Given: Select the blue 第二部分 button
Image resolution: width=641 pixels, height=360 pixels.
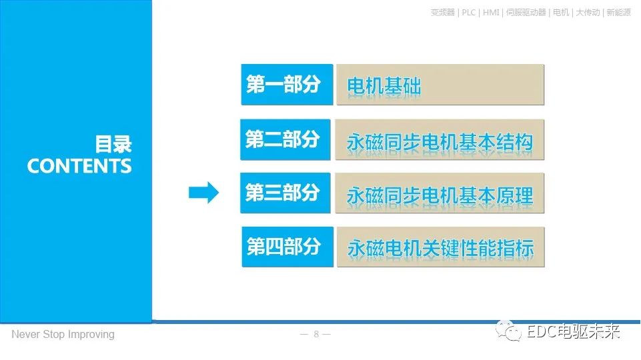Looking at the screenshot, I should [x=285, y=139].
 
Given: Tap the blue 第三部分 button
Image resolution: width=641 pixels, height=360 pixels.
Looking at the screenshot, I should [x=285, y=193].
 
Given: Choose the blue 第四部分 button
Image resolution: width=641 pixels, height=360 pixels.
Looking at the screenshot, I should [x=287, y=247].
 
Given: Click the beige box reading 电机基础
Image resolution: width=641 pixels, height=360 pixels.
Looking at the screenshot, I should [x=440, y=85].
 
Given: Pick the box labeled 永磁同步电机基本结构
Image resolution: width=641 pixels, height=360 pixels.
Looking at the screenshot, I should [x=440, y=141].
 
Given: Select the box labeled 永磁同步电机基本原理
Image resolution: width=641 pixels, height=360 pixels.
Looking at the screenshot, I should [x=440, y=194].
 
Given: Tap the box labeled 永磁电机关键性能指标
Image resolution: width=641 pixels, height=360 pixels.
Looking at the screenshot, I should [x=440, y=248].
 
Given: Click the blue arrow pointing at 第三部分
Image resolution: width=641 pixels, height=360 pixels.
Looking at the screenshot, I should [x=203, y=193].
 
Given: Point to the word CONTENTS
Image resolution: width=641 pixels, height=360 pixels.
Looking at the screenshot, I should [x=79, y=166].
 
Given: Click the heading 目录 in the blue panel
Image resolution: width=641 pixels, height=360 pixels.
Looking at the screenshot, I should [x=113, y=145].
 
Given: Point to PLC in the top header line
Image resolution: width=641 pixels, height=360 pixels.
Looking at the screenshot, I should [x=469, y=13].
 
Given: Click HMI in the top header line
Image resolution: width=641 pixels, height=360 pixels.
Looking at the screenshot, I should [x=492, y=13].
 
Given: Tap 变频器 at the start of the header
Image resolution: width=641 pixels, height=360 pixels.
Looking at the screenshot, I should [x=443, y=13].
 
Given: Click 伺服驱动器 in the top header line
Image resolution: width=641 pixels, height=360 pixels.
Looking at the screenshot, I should [x=527, y=13].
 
